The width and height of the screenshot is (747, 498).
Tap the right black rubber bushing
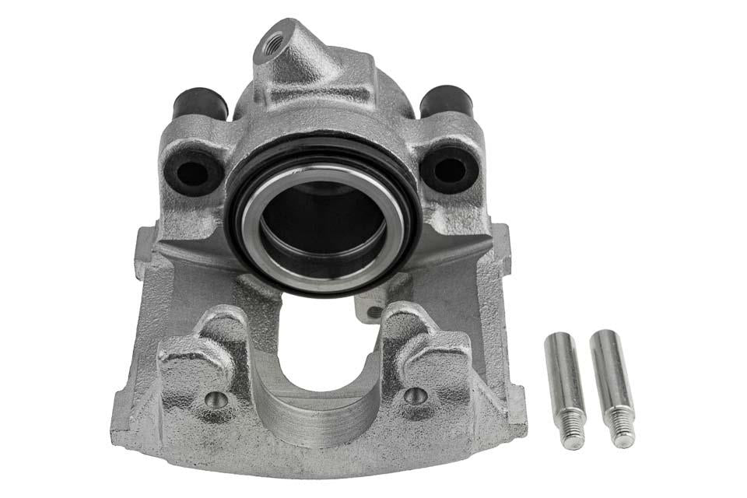tap(446, 99)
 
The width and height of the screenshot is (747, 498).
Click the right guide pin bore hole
tap(450, 167)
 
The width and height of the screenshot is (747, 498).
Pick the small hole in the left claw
tap(216, 399)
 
